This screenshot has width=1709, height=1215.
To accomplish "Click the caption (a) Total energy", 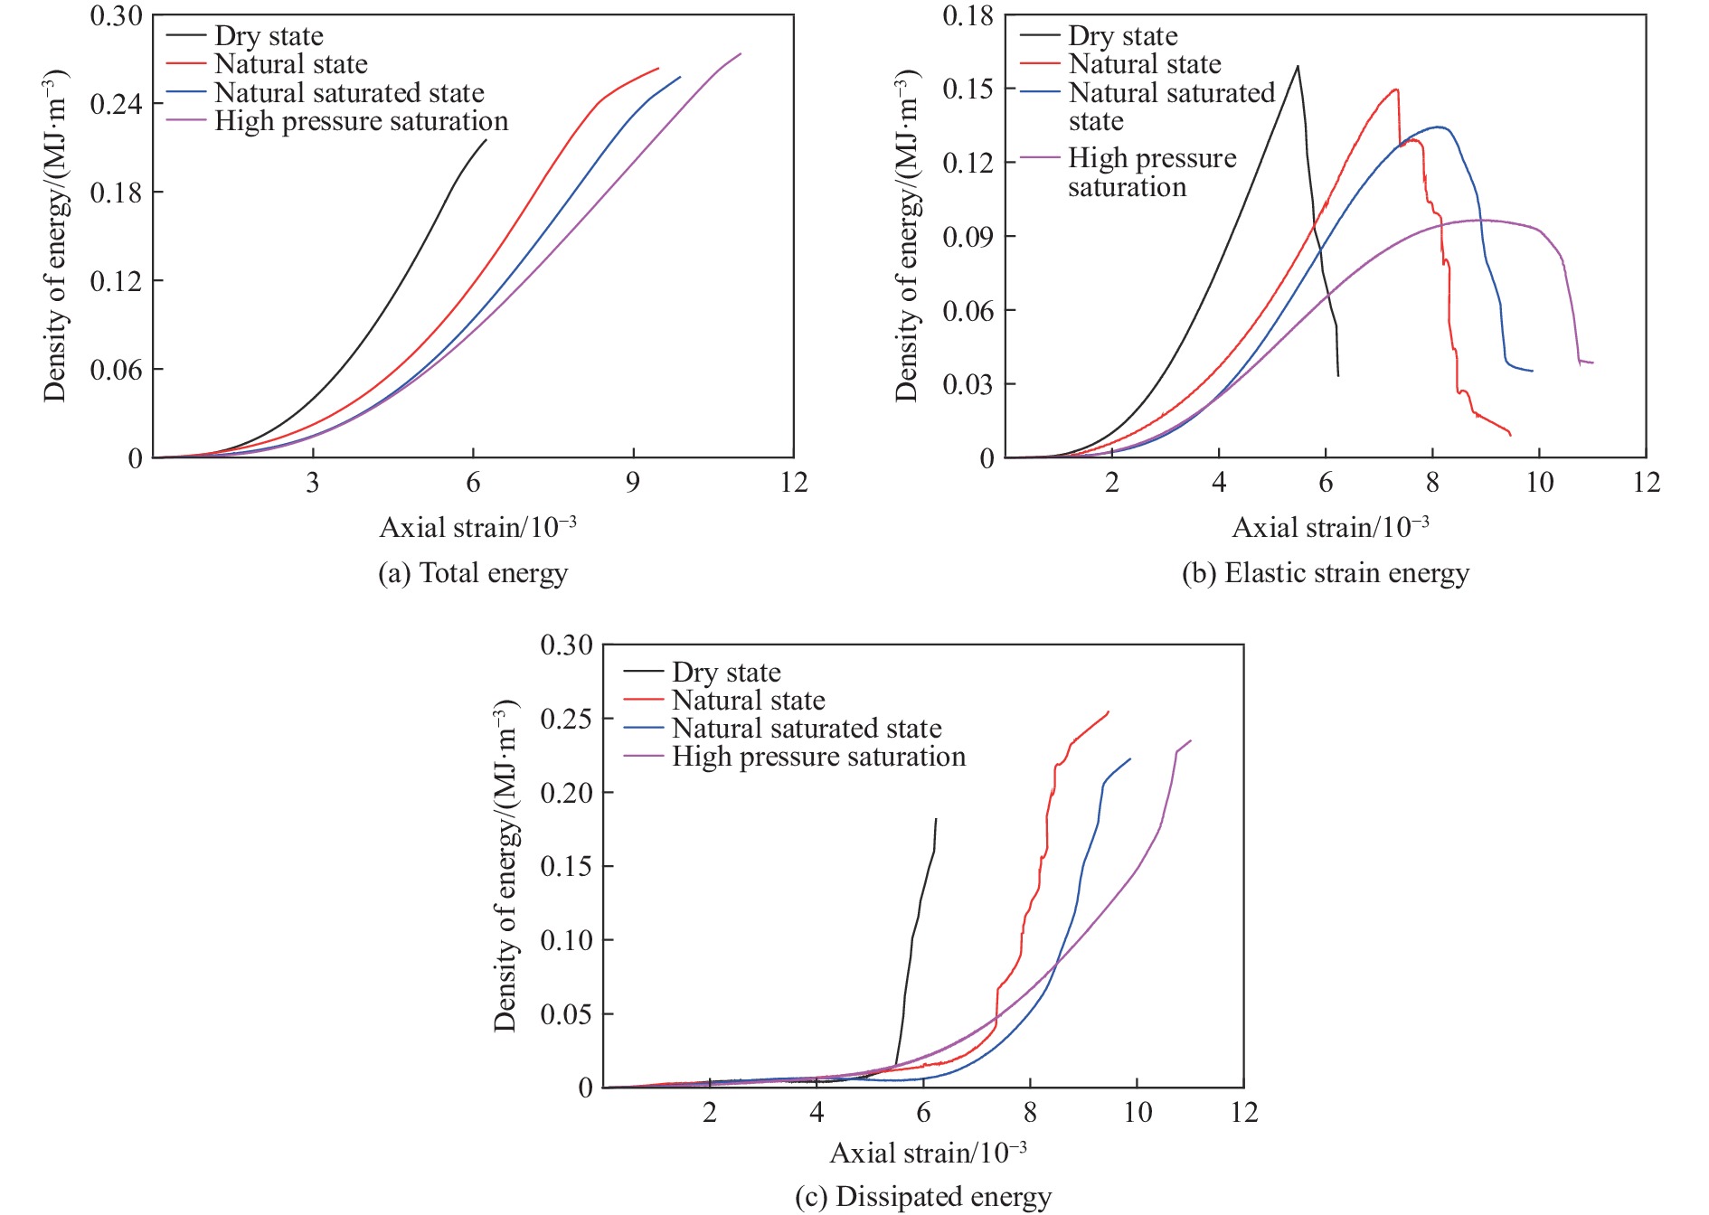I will tap(473, 573).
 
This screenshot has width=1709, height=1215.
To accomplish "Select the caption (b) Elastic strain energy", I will tap(1326, 573).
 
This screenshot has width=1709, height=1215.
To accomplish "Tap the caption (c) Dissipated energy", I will tap(923, 1196).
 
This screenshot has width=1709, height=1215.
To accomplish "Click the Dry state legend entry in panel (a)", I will tap(269, 36).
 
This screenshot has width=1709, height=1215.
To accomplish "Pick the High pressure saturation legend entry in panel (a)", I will tap(361, 121).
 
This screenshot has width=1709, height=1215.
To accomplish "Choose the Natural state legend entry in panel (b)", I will tap(1145, 64).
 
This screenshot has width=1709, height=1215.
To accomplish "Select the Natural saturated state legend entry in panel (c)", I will tap(807, 729).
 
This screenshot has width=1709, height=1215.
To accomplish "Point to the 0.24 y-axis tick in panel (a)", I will tap(116, 104).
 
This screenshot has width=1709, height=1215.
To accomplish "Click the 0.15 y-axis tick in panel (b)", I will tap(968, 89).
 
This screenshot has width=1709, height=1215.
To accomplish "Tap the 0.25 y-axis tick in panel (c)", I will tap(566, 720).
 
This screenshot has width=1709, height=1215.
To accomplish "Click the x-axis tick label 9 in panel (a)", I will tap(633, 483).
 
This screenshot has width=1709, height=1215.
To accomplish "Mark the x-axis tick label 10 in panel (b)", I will tap(1540, 483).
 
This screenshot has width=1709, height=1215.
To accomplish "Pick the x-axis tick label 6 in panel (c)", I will tap(923, 1112).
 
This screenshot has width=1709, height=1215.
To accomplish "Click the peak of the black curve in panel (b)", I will tap(1298, 66).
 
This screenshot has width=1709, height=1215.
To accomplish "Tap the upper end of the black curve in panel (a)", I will tap(486, 140).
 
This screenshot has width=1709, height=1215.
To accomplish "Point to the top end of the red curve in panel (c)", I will tap(1109, 711).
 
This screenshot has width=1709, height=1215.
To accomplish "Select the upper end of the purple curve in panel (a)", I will tap(741, 53).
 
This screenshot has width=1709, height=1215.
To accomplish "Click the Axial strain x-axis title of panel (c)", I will tap(928, 1153).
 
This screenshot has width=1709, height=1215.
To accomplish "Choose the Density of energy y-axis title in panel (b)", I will tap(906, 235).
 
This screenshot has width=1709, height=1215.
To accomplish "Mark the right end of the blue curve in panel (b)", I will tap(1532, 371).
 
